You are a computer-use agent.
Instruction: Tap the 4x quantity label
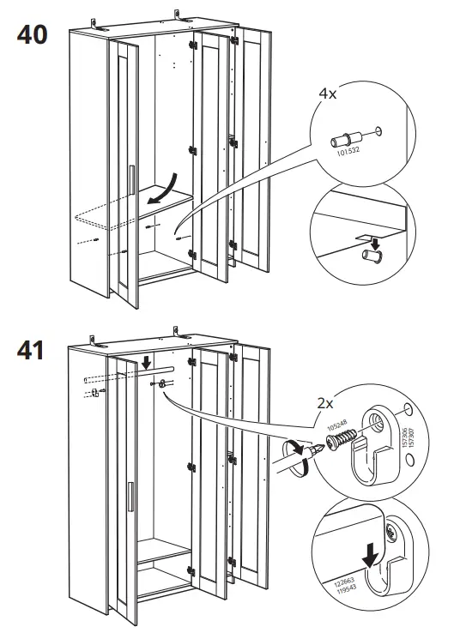329,95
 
